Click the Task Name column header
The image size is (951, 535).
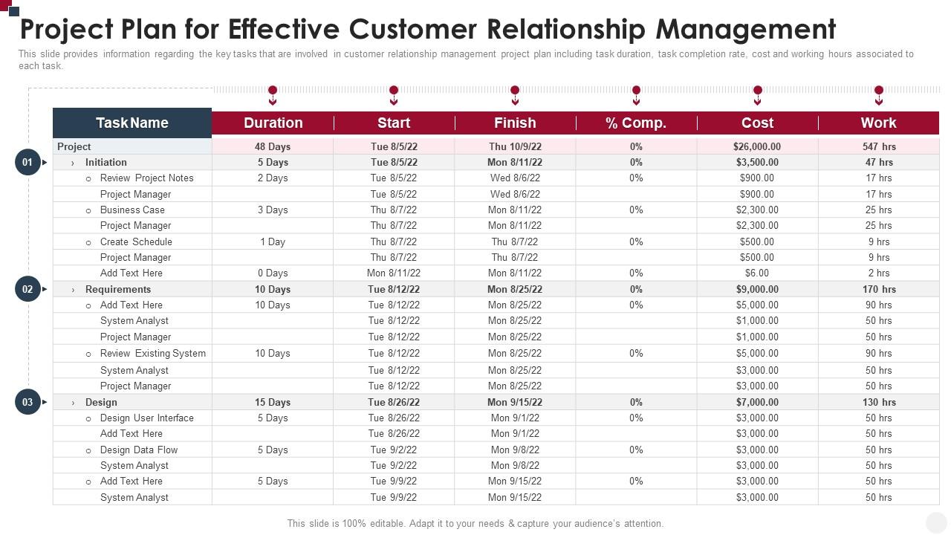tap(132, 123)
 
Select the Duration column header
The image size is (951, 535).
tap(273, 123)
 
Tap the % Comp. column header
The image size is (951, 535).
tap(636, 123)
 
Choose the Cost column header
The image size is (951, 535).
tap(757, 123)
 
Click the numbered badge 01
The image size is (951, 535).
tap(27, 162)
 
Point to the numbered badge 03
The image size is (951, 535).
tap(27, 402)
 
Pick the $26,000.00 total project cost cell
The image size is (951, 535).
tap(757, 147)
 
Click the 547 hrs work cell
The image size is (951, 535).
tap(879, 147)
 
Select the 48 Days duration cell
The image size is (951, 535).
tap(273, 147)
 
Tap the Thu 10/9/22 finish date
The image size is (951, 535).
tap(515, 147)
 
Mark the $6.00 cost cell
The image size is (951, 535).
tap(757, 273)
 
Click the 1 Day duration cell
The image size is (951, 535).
tap(273, 241)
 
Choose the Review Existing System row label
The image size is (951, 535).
tap(152, 354)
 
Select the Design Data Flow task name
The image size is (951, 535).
tap(139, 450)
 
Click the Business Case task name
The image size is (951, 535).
tap(132, 210)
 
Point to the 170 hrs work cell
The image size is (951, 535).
tap(879, 290)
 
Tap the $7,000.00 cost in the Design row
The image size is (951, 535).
tap(757, 402)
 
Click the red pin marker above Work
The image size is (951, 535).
tap(879, 91)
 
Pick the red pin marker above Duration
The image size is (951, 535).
tap(273, 91)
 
